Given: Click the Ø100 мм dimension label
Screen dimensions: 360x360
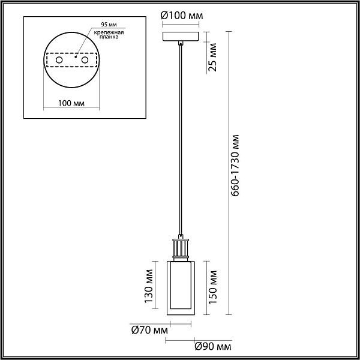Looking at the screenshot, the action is pos(182,16).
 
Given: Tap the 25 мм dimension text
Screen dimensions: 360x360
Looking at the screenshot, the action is pos(212,57).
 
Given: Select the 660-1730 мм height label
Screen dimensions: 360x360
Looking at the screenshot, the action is pos(235,166).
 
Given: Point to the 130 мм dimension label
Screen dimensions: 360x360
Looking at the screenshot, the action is pos(149,286).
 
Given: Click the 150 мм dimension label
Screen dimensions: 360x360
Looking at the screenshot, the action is pos(212,287).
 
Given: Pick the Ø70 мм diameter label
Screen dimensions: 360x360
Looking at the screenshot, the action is pos(149,331).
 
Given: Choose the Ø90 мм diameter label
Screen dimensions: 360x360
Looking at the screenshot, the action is pos(213,347).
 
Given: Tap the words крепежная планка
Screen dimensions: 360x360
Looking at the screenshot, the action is pos(109,35).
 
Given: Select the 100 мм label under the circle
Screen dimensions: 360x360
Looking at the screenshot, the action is pos(71,103).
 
